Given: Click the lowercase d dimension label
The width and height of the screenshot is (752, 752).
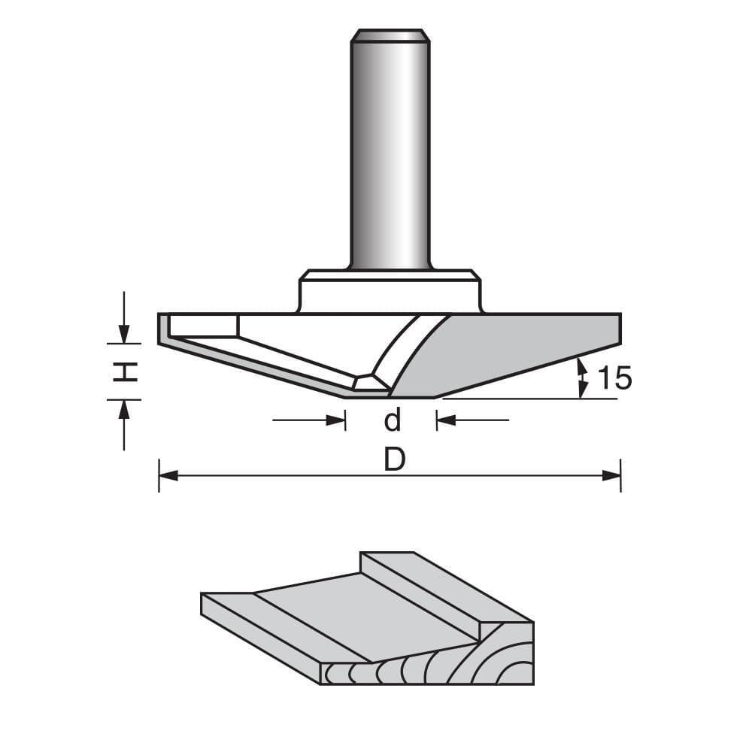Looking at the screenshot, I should pyautogui.click(x=393, y=420).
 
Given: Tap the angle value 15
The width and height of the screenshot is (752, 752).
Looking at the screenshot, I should pyautogui.click(x=614, y=379).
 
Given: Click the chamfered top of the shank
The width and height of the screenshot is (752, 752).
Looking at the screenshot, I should pyautogui.click(x=390, y=35).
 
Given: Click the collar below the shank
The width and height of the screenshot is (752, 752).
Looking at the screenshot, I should pyautogui.click(x=390, y=293).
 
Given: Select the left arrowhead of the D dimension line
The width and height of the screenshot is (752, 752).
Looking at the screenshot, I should pyautogui.click(x=167, y=475).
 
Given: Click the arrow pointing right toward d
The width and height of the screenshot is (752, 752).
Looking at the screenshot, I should pyautogui.click(x=335, y=420).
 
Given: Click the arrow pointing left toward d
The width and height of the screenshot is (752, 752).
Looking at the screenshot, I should pyautogui.click(x=447, y=420).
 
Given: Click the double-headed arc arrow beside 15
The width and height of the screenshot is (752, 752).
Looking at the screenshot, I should pyautogui.click(x=581, y=378).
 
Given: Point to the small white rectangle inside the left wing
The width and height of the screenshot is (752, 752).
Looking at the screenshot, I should pyautogui.click(x=204, y=326).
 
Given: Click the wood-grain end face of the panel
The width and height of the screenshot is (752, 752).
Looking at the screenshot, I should pyautogui.click(x=451, y=666).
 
